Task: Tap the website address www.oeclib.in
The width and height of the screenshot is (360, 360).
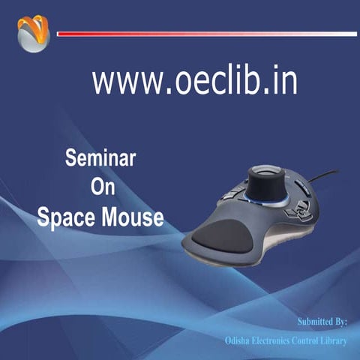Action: click(194, 79)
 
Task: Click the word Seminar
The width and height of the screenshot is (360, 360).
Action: click(100, 158)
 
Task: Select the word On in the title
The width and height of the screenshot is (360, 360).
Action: click(102, 187)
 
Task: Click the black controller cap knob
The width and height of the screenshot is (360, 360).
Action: click(268, 181)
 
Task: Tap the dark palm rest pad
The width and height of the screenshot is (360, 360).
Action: click(223, 237)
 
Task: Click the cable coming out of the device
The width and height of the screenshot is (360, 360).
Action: click(327, 175)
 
